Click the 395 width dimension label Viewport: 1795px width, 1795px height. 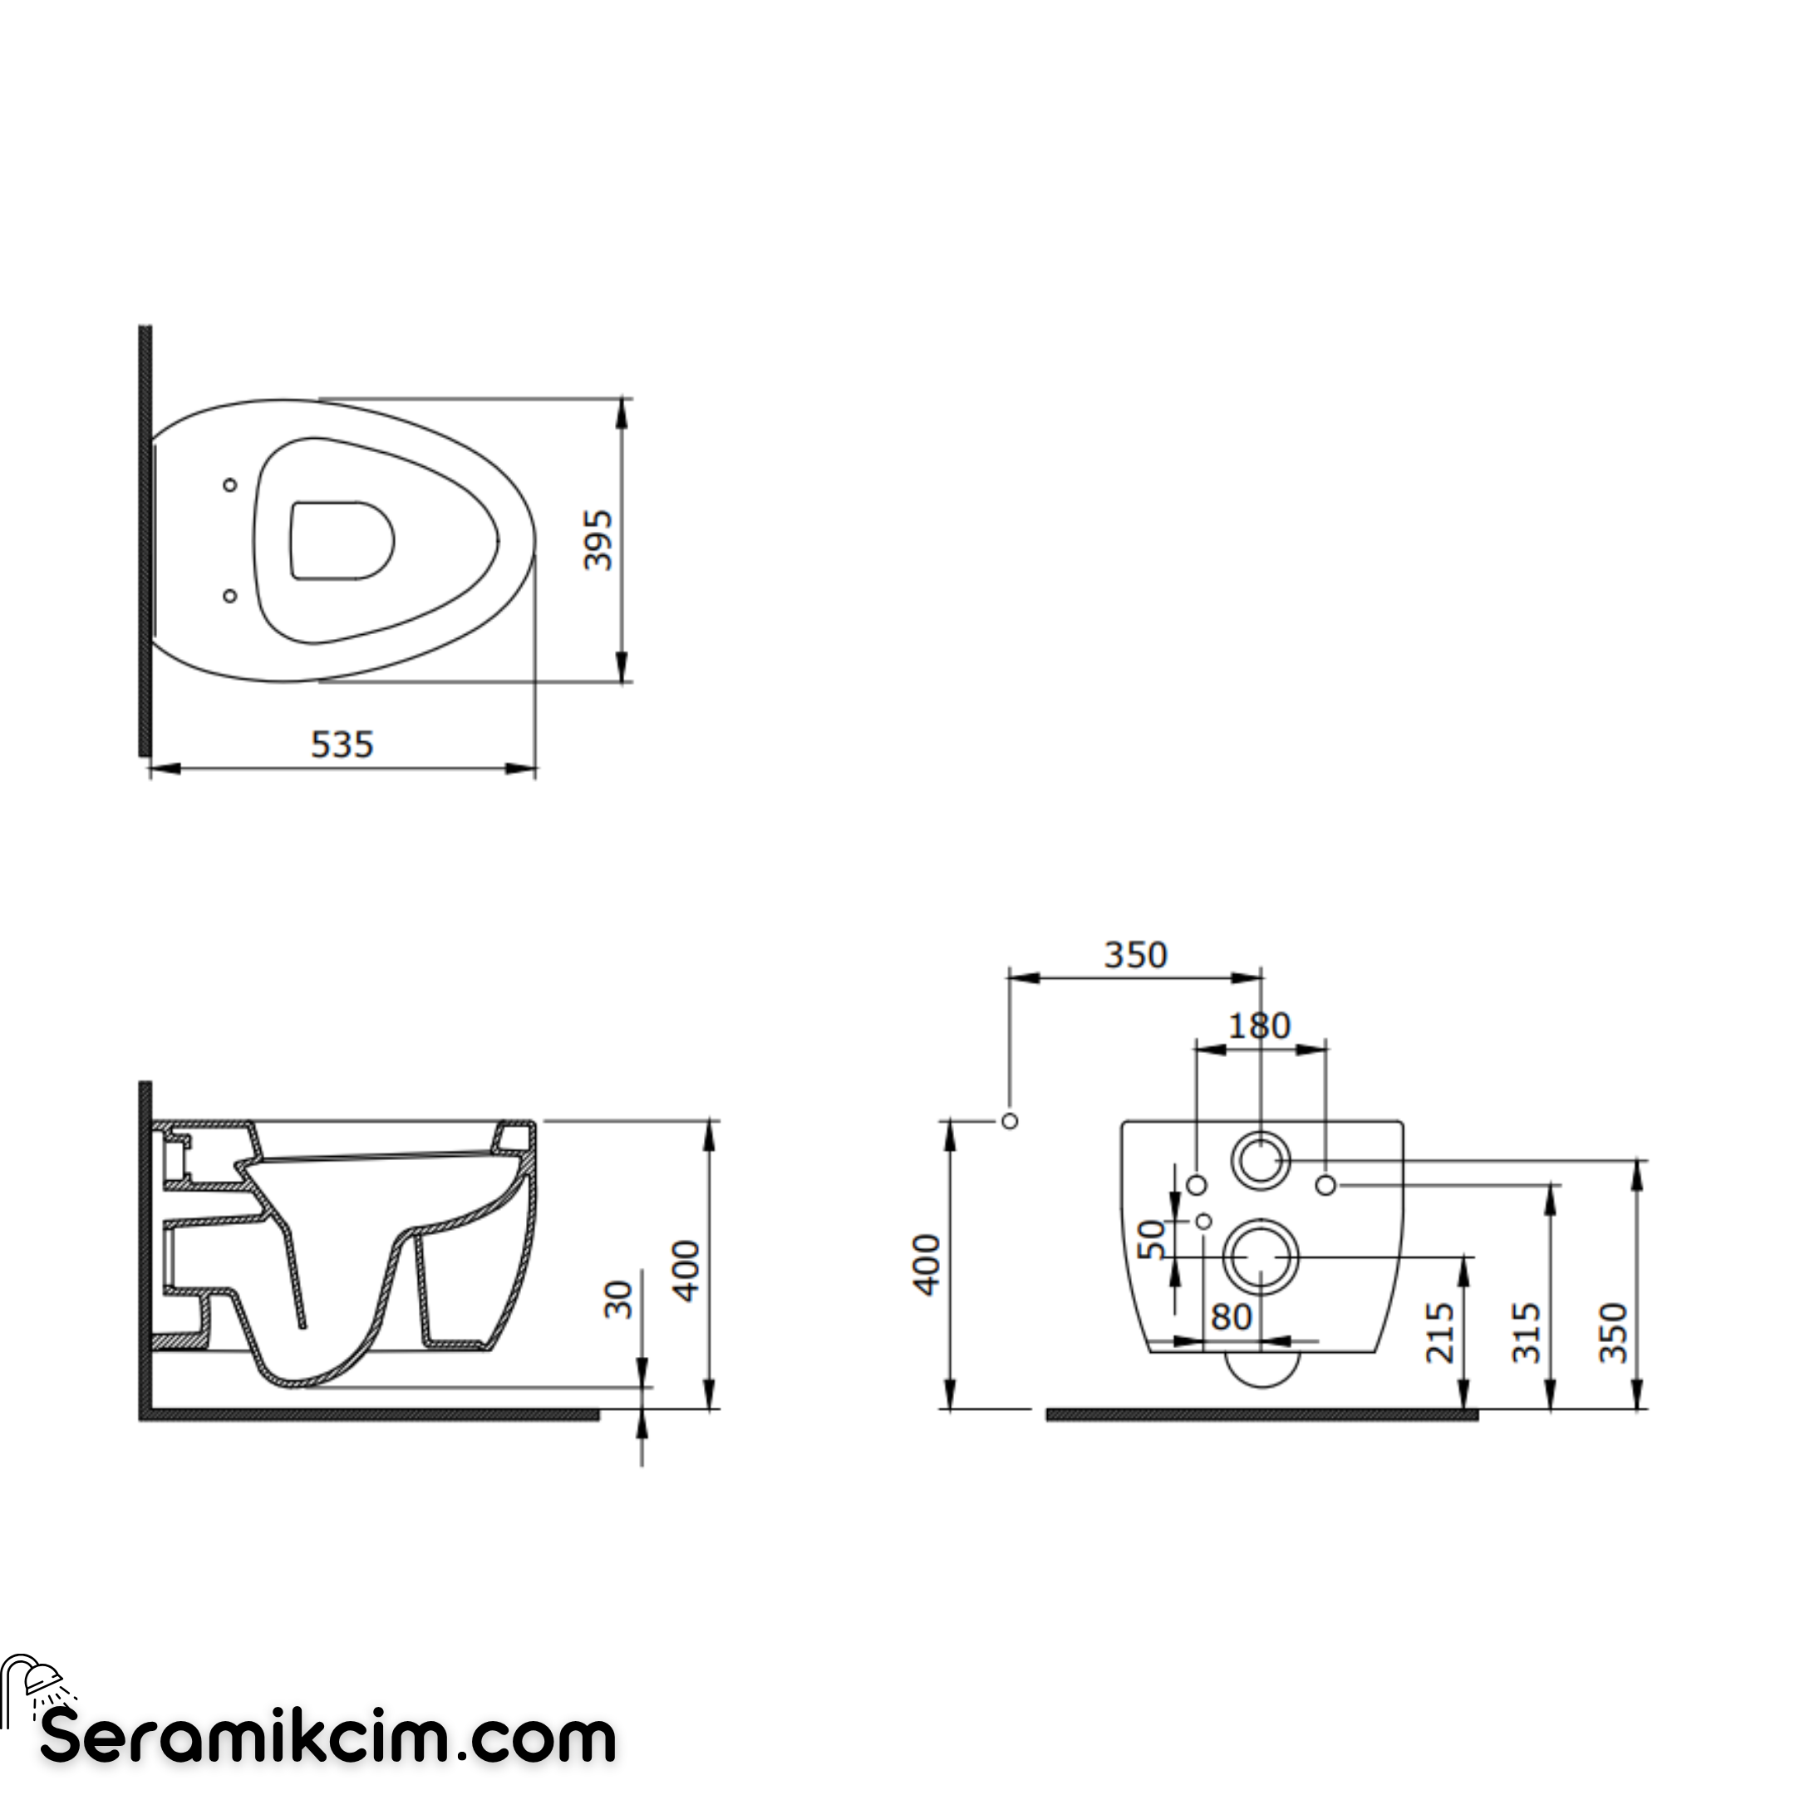click(598, 541)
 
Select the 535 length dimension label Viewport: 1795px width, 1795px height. click(342, 745)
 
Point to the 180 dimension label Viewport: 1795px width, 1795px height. click(1260, 1025)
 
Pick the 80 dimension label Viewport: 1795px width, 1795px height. click(1232, 1316)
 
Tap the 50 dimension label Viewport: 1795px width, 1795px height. click(1151, 1239)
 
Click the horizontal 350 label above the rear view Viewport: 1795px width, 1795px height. click(1135, 954)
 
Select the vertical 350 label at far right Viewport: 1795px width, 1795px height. click(1614, 1332)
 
